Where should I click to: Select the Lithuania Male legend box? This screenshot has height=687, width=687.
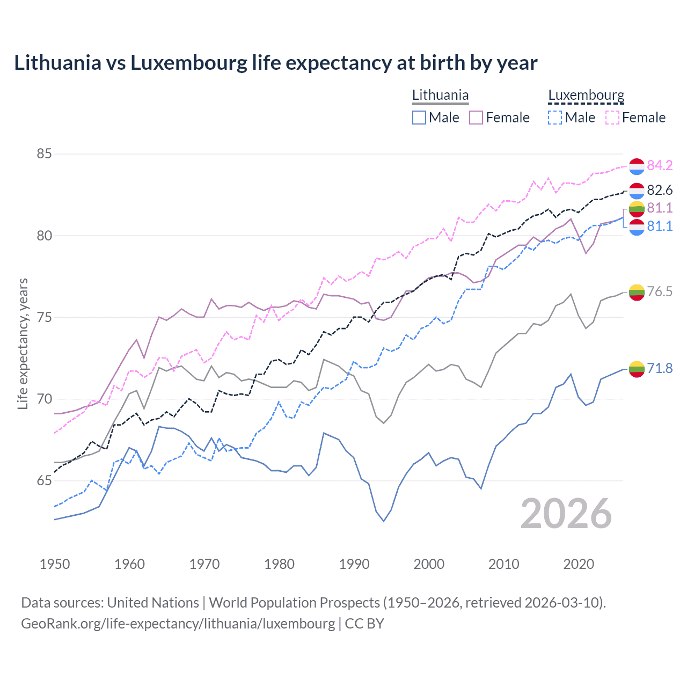coord(419,118)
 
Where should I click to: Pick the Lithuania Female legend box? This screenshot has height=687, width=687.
coord(476,118)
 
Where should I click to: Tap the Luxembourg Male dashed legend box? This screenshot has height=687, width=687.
coord(556,118)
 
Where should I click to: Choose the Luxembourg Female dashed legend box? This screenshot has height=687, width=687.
coord(612,118)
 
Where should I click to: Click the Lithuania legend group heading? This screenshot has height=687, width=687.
coord(440,96)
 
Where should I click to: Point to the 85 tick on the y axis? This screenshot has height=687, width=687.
coord(44,154)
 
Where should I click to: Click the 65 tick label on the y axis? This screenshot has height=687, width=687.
coord(44,481)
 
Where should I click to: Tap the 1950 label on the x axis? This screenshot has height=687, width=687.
coord(55,564)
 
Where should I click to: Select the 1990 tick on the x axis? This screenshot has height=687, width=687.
coord(354,564)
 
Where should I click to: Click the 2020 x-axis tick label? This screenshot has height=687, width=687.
coord(579,564)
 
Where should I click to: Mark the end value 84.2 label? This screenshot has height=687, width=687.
coord(660,166)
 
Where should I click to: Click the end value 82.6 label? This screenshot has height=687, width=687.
coord(660,191)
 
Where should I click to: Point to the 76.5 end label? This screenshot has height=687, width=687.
coord(660,291)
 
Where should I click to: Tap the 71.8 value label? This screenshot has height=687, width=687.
coord(660,368)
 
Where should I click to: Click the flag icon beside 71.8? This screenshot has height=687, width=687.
coord(637,369)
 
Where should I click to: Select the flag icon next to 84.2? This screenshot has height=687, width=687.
coord(637,166)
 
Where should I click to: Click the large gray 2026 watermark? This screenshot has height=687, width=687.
coord(566,514)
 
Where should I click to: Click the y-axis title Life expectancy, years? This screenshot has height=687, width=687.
coord(23,343)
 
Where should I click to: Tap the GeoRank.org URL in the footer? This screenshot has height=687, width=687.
coord(178,624)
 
